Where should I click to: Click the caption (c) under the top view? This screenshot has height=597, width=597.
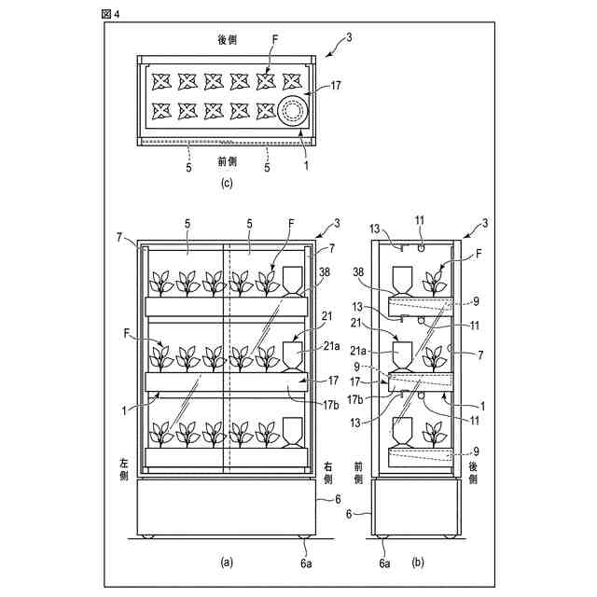click(226, 183)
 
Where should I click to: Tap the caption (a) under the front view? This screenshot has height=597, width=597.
click(226, 562)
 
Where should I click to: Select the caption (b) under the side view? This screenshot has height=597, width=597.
click(417, 562)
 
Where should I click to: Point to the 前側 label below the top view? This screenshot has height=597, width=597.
click(227, 160)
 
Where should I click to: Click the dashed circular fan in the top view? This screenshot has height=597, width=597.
click(292, 113)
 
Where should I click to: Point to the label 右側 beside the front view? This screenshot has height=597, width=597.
click(328, 472)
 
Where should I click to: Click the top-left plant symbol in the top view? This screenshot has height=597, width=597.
click(161, 82)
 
